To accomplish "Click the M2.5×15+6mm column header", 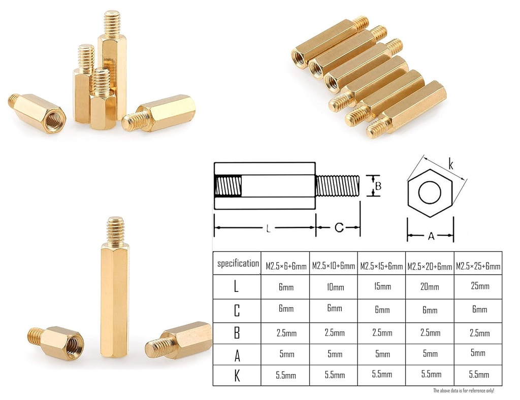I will point(382,265).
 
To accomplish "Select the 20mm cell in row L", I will point(430,287).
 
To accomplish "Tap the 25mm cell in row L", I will point(480,286).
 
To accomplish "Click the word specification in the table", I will point(238,263).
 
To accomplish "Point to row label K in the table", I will point(237,376).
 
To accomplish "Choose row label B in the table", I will point(237,333).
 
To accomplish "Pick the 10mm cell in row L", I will point(334,287).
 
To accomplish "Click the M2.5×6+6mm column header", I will point(286,265).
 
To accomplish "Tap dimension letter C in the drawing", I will point(339,228).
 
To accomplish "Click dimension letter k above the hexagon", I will point(450,164).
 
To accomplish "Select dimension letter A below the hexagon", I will point(431,236).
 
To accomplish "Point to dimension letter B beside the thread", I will point(378,186).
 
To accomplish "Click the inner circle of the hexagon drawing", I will point(431,193).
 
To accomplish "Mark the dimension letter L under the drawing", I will point(268,229).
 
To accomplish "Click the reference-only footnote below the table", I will point(463,390).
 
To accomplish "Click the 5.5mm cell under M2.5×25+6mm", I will point(479,375).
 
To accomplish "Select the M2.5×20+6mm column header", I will point(430,266).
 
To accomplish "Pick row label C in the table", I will point(237,310).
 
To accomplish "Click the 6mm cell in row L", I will point(286,287).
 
